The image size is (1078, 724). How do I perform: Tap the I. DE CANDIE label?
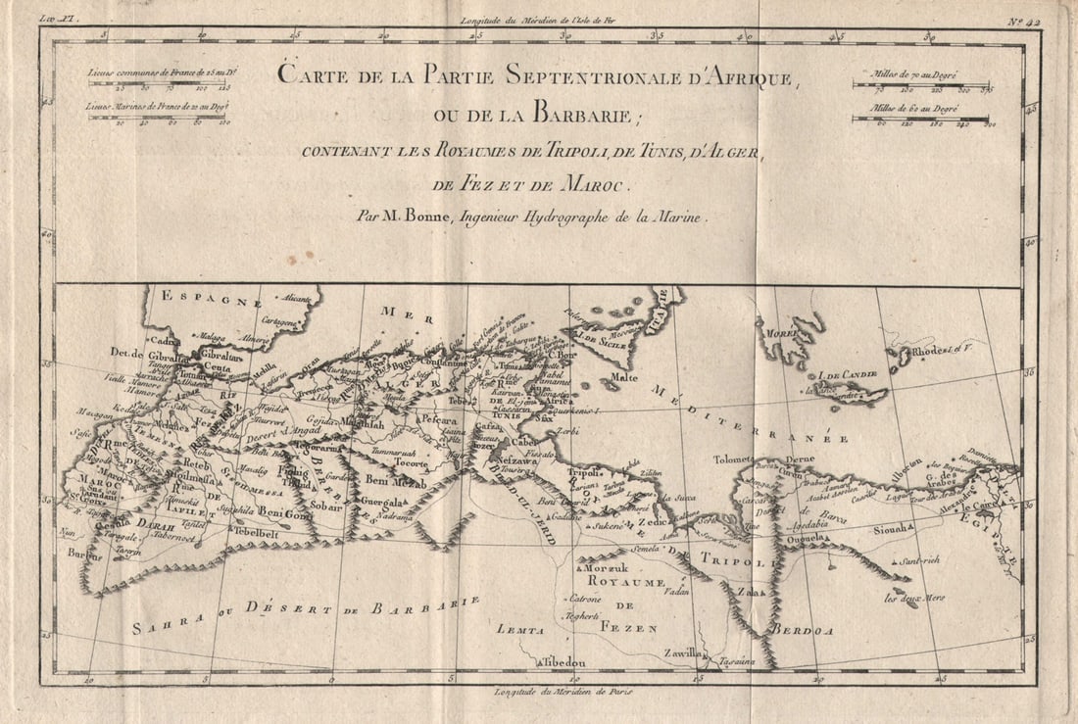coord(849,374)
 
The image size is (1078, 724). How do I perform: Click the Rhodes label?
coord(930,351)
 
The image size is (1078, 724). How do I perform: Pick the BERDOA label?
coord(803,631)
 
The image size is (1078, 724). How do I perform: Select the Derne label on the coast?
coord(800,458)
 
